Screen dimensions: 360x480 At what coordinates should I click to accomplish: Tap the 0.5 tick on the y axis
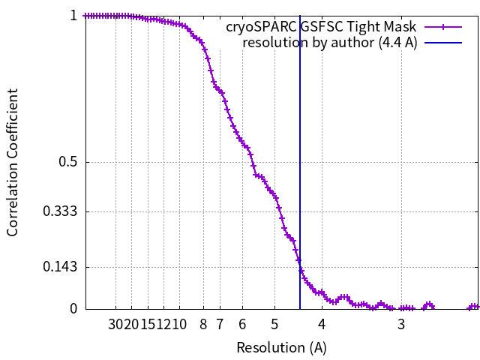[x=67, y=162]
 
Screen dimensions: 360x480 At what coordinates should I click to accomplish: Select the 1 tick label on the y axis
[x=73, y=15]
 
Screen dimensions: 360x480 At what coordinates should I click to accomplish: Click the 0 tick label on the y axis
[x=73, y=308]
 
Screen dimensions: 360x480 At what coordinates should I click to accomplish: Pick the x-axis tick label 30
[x=116, y=324]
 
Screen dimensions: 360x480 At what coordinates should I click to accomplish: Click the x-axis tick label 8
[x=203, y=324]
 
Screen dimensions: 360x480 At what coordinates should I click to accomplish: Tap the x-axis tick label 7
[x=220, y=324]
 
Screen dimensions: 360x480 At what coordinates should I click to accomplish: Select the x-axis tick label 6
[x=242, y=324]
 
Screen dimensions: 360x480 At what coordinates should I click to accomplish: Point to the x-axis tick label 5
[x=274, y=324]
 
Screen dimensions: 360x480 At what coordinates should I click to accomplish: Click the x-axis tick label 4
[x=322, y=324]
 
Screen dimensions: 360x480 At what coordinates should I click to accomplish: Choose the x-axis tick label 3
[x=401, y=324]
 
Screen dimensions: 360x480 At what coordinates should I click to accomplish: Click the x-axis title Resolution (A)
[x=281, y=347]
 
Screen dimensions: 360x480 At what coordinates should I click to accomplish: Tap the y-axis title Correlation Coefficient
[x=13, y=162]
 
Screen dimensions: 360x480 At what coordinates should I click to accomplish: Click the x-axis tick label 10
[x=181, y=324]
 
